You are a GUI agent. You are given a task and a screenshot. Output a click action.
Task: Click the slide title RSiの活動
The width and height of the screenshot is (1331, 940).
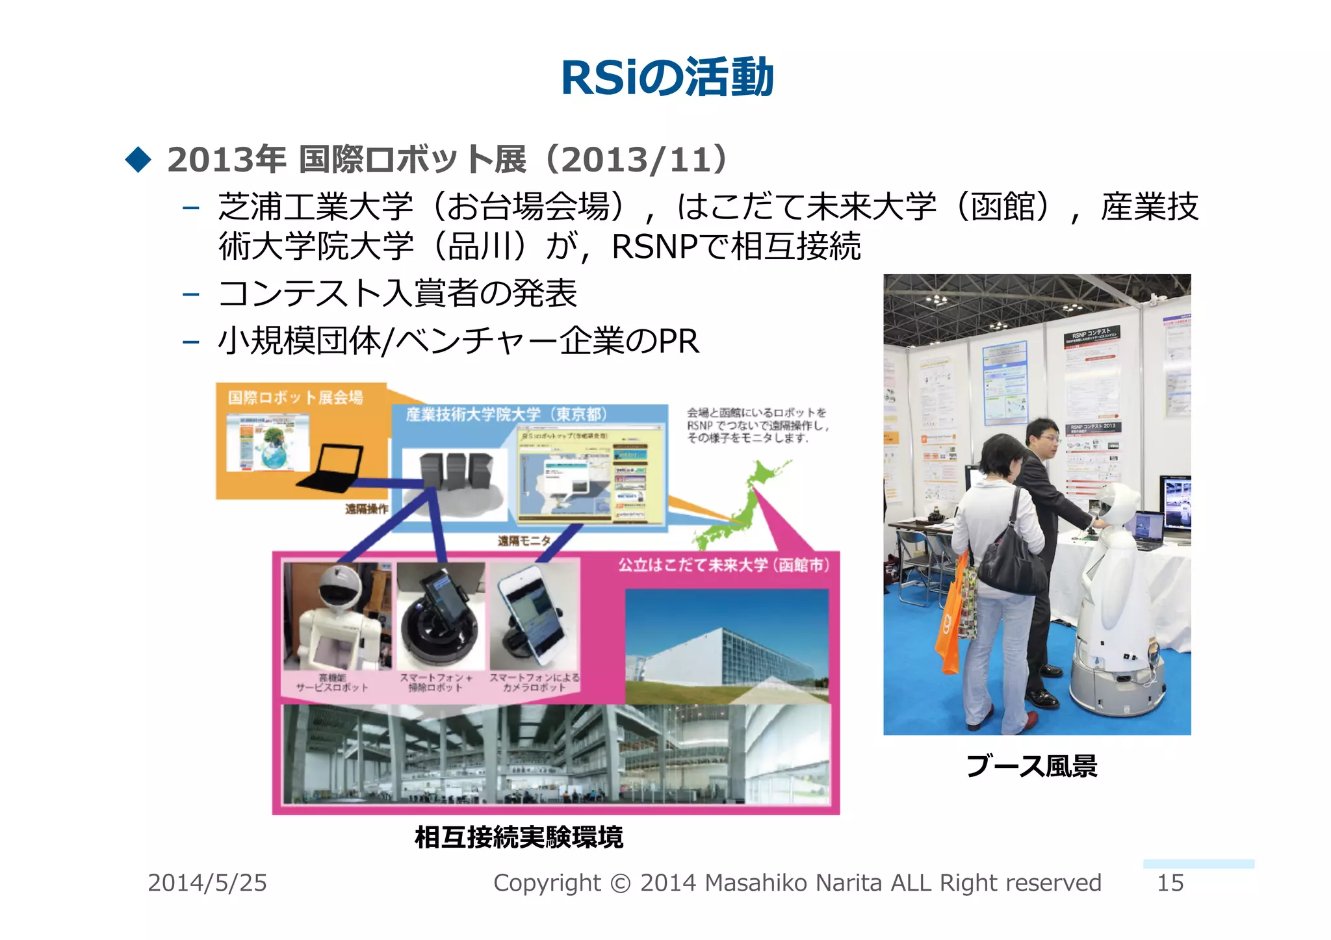click(667, 78)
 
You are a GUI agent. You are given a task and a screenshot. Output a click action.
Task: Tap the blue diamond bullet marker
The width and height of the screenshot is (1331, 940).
click(138, 159)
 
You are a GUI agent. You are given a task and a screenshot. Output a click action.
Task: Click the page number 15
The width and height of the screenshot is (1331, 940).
click(1170, 883)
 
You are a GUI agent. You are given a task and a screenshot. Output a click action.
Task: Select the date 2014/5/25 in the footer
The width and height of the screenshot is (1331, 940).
click(207, 883)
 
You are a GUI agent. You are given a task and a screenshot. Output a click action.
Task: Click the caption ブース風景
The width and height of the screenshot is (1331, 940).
click(1031, 766)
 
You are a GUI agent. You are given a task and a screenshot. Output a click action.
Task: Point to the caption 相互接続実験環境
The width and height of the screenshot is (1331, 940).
click(519, 837)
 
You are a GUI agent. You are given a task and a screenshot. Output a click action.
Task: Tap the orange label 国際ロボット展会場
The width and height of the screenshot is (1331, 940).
click(296, 397)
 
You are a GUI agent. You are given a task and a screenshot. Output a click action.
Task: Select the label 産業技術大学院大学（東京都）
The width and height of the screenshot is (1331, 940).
click(506, 414)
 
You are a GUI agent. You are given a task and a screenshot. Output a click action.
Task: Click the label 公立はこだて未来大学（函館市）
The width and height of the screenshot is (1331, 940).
click(723, 565)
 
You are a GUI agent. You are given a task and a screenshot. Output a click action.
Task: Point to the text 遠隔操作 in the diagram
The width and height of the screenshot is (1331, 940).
click(366, 509)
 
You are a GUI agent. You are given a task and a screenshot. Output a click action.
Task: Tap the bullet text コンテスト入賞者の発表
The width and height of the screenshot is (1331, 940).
click(398, 293)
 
